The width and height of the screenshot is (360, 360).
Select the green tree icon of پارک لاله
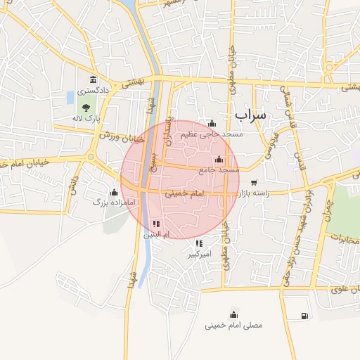click(86, 108)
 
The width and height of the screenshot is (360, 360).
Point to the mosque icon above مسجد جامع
click(220, 159)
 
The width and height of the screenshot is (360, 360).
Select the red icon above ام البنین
click(156, 224)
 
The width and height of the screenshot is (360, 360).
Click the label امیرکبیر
click(199, 255)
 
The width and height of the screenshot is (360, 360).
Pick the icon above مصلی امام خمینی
click(233, 314)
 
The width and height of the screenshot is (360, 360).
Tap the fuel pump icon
click(304, 316)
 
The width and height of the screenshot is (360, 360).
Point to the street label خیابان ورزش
click(122, 136)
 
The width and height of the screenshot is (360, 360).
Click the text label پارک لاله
click(89, 118)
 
